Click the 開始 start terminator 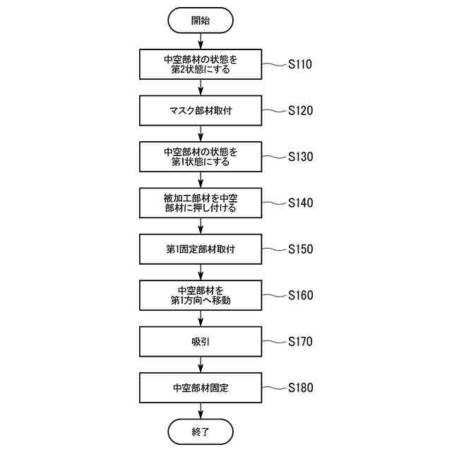pos(201,20)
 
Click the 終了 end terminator pos(201,431)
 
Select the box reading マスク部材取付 pos(201,111)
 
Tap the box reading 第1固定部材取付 pos(201,249)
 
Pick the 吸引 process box pos(201,342)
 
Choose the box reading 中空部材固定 pos(201,388)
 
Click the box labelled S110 pos(201,64)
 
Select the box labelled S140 pos(201,203)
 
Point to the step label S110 pos(300,64)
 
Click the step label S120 pos(300,111)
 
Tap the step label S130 pos(300,157)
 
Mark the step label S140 pos(300,203)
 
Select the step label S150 pos(300,249)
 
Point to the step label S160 pos(300,295)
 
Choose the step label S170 pos(300,342)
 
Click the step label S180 pos(300,388)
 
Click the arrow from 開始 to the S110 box pos(201,40)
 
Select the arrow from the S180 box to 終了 pos(201,410)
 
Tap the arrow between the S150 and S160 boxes pos(201,272)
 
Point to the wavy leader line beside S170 pos(273,342)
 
